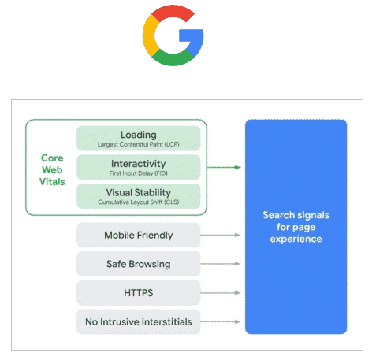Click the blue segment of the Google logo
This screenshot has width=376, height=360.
pos(195,39)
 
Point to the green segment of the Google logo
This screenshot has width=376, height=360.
pos(172,58)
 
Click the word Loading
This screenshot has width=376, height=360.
pos(139,135)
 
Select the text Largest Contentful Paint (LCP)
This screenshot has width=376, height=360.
pos(139,144)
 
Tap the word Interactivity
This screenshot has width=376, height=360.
pos(139,164)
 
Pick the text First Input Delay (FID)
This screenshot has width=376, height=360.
pos(139,173)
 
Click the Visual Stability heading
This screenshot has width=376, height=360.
pos(139,192)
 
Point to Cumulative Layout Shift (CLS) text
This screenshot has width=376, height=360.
pos(139,202)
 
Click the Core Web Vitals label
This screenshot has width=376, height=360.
pos(52,169)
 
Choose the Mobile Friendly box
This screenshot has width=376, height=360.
pos(139,235)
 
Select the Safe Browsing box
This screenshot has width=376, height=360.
pos(139,264)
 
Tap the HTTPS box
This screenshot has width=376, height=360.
pos(139,293)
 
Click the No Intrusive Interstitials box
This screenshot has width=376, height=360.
pos(139,321)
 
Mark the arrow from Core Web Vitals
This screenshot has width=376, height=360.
pos(224,167)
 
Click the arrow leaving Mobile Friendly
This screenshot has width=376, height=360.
pos(221,235)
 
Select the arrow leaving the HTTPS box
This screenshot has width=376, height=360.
pos(221,293)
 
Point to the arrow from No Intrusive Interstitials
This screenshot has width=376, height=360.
pos(221,321)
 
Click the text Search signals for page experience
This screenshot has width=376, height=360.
pos(296,227)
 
